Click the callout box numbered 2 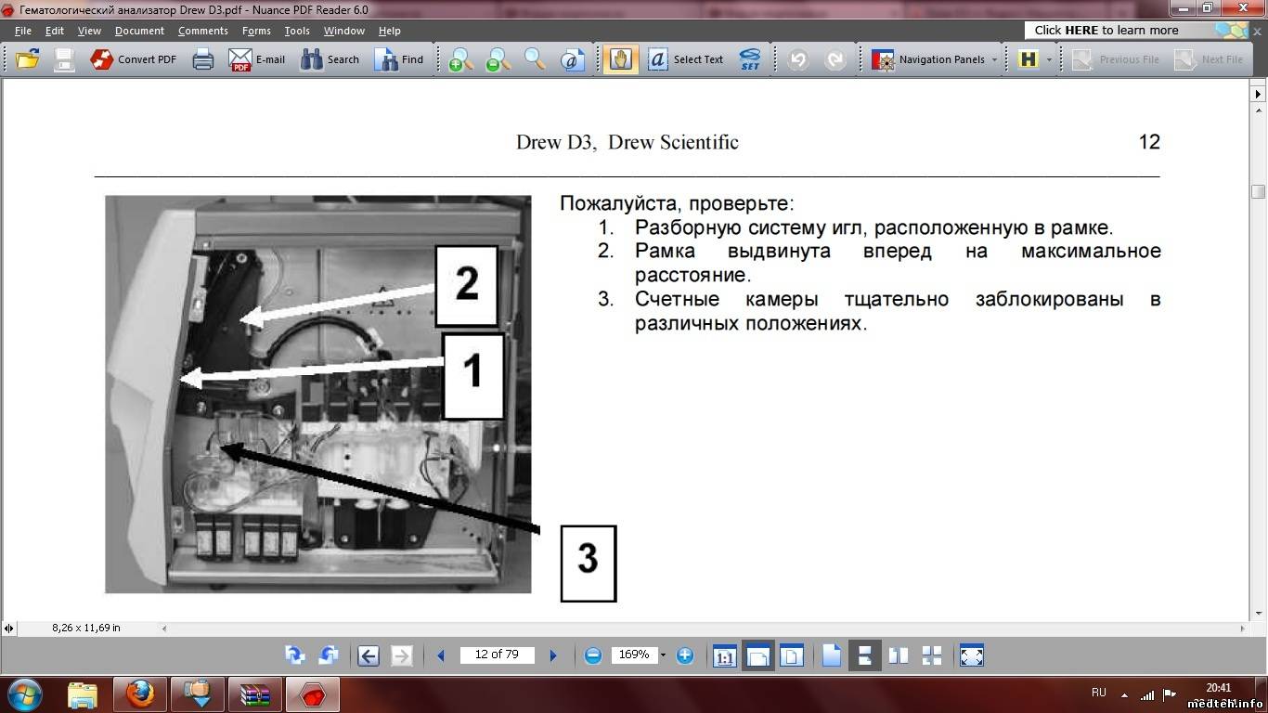tap(467, 285)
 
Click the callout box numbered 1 tap(472, 376)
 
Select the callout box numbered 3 tap(589, 564)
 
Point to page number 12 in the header tap(1149, 142)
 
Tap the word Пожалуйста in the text tap(619, 203)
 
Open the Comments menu tap(202, 31)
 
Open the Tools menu tap(297, 31)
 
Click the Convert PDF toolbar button tap(133, 58)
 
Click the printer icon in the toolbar tap(202, 58)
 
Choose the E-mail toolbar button tap(256, 58)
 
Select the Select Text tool tap(685, 58)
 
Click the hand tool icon tap(620, 58)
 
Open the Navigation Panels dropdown tap(935, 58)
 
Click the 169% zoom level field tap(633, 655)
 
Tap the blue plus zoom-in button tap(684, 655)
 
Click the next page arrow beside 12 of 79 tap(553, 655)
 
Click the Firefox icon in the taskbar tap(140, 694)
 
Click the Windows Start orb tap(24, 694)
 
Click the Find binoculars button tap(398, 58)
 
